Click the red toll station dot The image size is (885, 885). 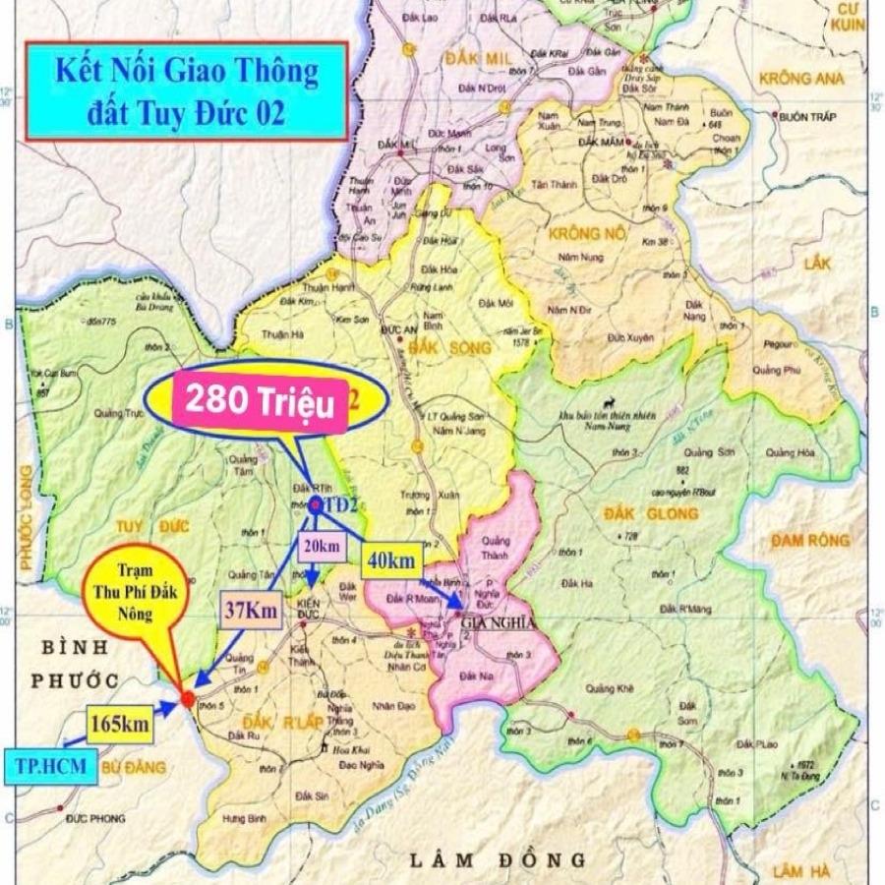click(187, 700)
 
